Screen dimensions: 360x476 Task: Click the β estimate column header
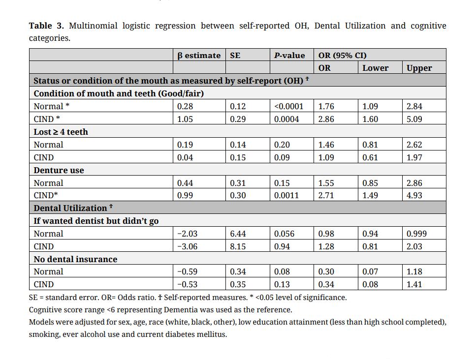(199, 56)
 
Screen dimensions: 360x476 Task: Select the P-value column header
(289, 56)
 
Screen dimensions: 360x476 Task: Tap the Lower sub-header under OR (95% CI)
(375, 68)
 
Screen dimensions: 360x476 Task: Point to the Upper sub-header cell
(419, 68)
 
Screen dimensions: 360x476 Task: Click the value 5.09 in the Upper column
(414, 119)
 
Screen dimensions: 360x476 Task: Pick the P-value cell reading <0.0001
(289, 106)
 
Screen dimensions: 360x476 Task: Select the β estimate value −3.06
(187, 246)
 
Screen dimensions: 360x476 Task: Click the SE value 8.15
(238, 246)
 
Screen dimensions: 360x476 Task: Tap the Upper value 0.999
(416, 234)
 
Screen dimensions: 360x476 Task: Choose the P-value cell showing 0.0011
(286, 195)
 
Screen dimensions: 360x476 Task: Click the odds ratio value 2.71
(326, 195)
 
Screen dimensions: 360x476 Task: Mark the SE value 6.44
(238, 234)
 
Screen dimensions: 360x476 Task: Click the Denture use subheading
(59, 170)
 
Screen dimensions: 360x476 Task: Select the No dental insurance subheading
(75, 259)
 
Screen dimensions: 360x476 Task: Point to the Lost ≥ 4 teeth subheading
(61, 132)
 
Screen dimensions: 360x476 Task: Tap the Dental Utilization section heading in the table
(70, 208)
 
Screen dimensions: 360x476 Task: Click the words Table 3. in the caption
(47, 26)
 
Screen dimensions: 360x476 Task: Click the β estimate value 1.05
(185, 119)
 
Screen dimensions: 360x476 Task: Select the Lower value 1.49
(370, 195)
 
